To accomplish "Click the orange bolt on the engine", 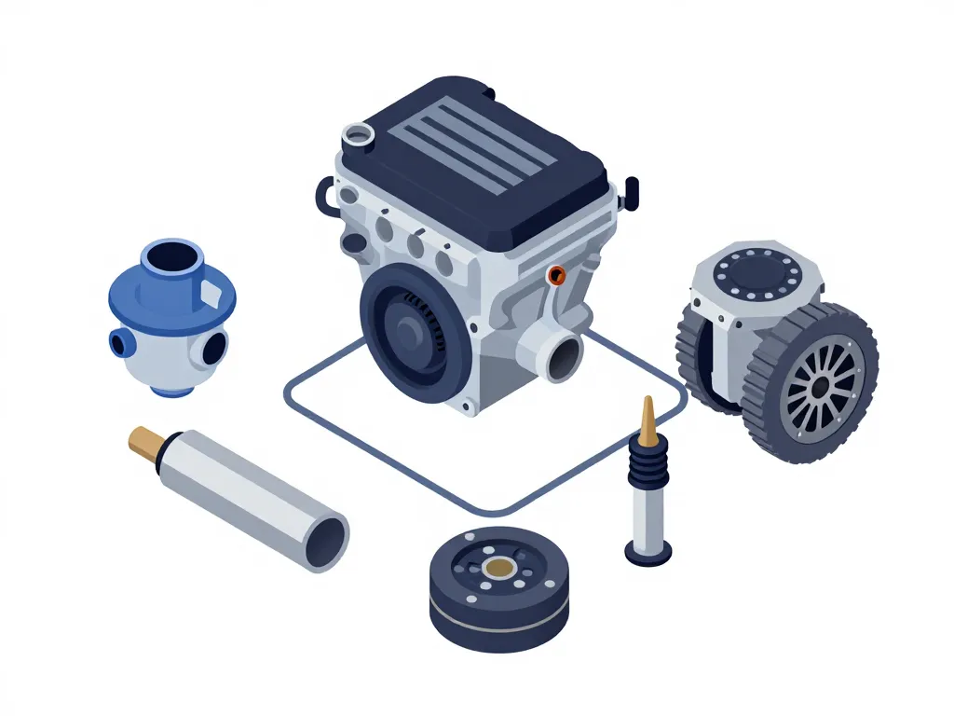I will [557, 274].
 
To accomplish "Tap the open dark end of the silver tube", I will [328, 538].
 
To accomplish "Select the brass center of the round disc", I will [500, 566].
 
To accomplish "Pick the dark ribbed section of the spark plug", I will [648, 463].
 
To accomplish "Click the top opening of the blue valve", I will [173, 256].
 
